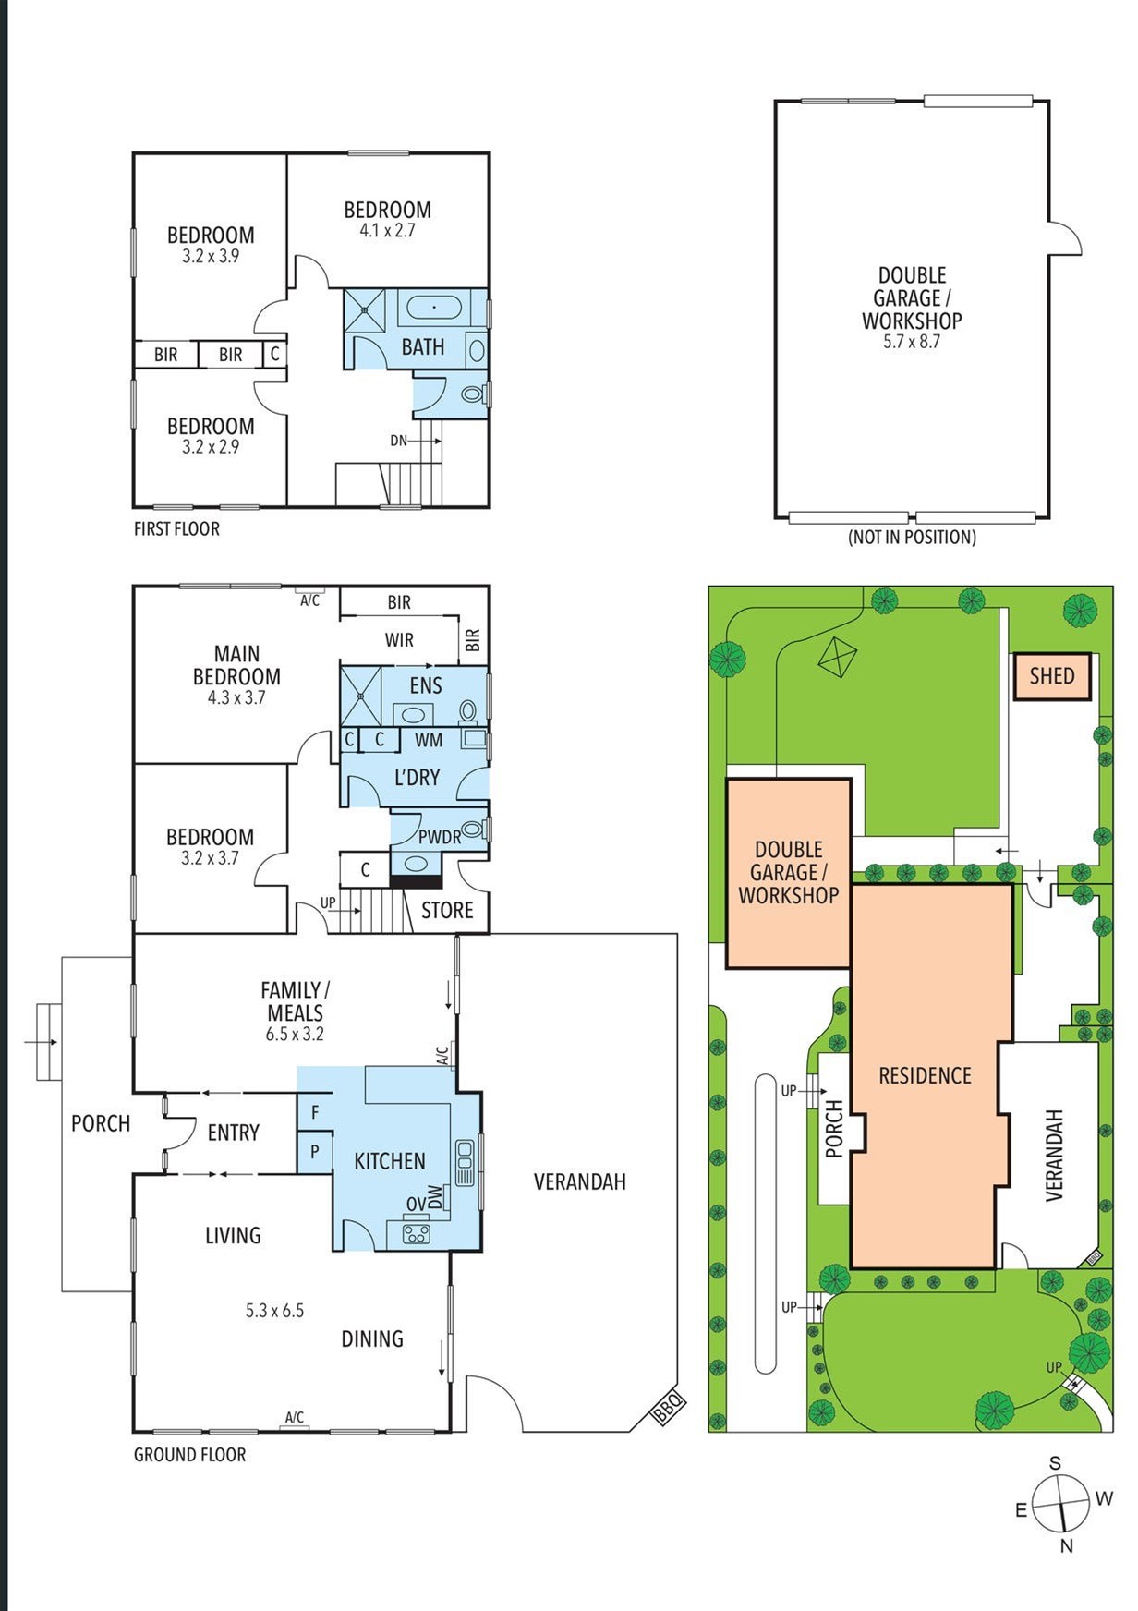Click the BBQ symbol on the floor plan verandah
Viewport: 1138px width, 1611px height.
[x=668, y=1407]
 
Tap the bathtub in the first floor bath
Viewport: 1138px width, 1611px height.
[x=434, y=307]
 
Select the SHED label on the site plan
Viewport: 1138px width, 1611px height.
[x=1052, y=676]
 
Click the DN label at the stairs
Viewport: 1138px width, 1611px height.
[x=398, y=441]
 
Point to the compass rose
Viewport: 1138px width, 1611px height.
[x=1061, y=1503]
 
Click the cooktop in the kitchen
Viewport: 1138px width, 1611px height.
[x=417, y=1232]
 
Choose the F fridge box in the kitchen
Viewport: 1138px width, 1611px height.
[x=315, y=1113]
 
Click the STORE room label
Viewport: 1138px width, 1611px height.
[x=447, y=911]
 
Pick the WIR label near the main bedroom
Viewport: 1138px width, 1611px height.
[x=399, y=640]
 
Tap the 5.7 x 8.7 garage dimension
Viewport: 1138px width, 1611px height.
[x=912, y=342]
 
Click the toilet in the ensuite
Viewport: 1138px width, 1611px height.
[x=468, y=710]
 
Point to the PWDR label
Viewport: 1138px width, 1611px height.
[x=440, y=838]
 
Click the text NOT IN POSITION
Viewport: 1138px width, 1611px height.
[x=912, y=538]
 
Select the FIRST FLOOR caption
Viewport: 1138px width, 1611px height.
[x=176, y=529]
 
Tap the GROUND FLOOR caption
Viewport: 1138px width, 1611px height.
[x=190, y=1455]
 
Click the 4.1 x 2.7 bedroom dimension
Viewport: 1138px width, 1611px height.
[x=387, y=231]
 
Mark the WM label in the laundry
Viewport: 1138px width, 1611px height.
[x=429, y=741]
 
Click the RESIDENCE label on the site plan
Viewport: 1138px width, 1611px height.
[x=925, y=1076]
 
